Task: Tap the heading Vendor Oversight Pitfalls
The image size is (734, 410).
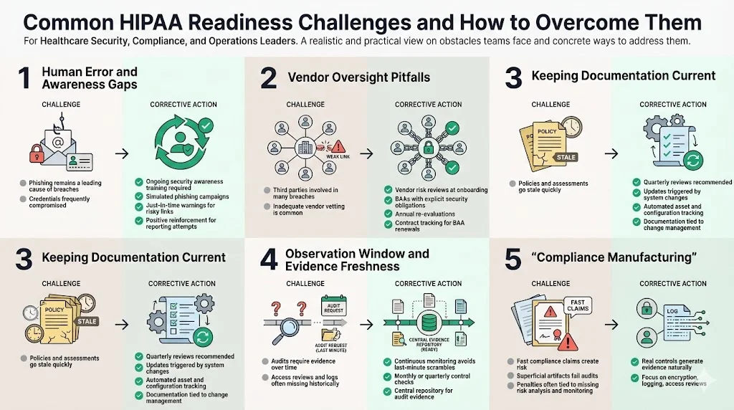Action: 358,77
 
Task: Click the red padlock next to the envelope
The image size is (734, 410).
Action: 37,153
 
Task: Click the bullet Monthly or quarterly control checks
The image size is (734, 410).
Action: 432,379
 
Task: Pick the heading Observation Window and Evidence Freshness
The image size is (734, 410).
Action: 357,259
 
